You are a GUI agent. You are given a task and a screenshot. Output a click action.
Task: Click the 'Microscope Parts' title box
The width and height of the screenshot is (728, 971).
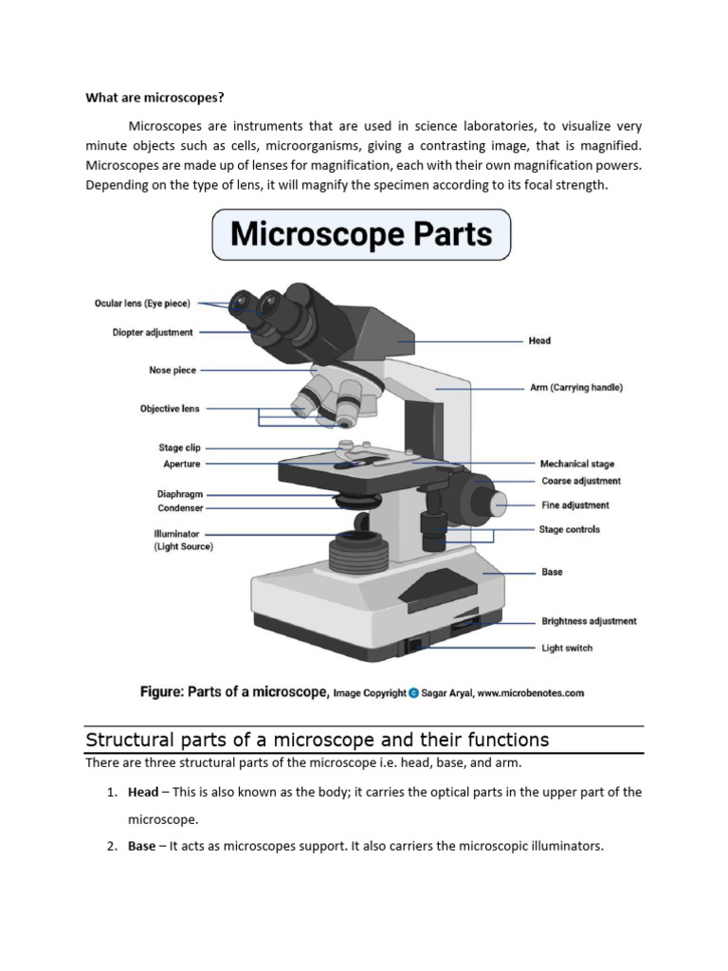pyautogui.click(x=361, y=234)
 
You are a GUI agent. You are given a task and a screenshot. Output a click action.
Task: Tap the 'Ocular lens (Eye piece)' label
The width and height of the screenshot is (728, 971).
pyautogui.click(x=142, y=303)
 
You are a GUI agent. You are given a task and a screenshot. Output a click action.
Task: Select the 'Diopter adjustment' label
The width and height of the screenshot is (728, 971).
pyautogui.click(x=153, y=333)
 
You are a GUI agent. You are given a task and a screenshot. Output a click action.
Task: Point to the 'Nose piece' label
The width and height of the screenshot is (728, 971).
pyautogui.click(x=173, y=371)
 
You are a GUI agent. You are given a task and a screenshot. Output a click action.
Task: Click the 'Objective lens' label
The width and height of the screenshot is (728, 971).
pyautogui.click(x=170, y=409)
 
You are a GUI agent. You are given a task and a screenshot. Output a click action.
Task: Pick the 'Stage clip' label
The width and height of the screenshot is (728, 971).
pyautogui.click(x=179, y=448)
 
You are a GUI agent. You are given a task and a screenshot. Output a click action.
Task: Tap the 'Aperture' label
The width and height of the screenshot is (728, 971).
pyautogui.click(x=182, y=464)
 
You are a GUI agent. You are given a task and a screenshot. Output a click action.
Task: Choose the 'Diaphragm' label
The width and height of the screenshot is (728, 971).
pyautogui.click(x=179, y=494)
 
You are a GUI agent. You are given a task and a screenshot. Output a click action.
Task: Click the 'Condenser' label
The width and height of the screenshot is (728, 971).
pyautogui.click(x=180, y=508)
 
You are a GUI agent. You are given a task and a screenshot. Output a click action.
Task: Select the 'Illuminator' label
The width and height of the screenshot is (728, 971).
pyautogui.click(x=176, y=534)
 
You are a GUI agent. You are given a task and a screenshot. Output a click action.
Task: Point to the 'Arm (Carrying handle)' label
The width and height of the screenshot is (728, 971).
pyautogui.click(x=575, y=388)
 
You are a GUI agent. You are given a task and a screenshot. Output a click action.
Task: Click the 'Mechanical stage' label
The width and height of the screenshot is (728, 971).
pyautogui.click(x=576, y=464)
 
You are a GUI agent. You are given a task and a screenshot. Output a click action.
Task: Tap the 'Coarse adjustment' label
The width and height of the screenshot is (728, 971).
pyautogui.click(x=580, y=481)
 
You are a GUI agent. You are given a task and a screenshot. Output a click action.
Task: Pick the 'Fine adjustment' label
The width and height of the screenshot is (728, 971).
pyautogui.click(x=574, y=505)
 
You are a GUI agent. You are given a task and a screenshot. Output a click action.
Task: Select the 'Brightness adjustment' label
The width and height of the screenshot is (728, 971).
pyautogui.click(x=589, y=621)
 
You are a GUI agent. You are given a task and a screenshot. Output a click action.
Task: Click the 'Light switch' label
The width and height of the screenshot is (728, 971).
pyautogui.click(x=567, y=649)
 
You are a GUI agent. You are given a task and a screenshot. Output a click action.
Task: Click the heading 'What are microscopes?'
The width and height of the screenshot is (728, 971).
pyautogui.click(x=155, y=97)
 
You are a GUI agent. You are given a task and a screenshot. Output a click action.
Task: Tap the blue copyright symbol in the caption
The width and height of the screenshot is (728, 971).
pyautogui.click(x=413, y=693)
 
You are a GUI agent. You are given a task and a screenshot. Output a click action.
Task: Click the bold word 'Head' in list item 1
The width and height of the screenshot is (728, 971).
pyautogui.click(x=143, y=792)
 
